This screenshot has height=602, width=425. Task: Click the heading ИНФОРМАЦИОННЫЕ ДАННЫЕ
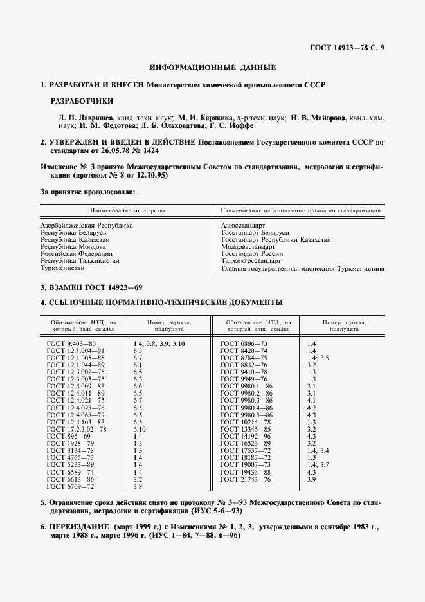click(212, 68)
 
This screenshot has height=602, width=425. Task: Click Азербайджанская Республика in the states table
click(87, 226)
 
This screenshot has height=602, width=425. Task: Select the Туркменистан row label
click(64, 269)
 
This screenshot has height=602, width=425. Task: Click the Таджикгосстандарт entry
click(251, 262)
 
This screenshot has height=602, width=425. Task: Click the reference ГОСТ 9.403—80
click(71, 344)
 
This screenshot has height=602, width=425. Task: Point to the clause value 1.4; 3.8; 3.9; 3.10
click(158, 344)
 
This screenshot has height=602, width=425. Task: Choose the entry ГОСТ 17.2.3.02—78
click(77, 429)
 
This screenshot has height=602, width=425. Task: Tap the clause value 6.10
click(139, 429)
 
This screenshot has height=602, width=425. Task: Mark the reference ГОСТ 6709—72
click(70, 486)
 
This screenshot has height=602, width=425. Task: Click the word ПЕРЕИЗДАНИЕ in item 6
click(81, 527)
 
